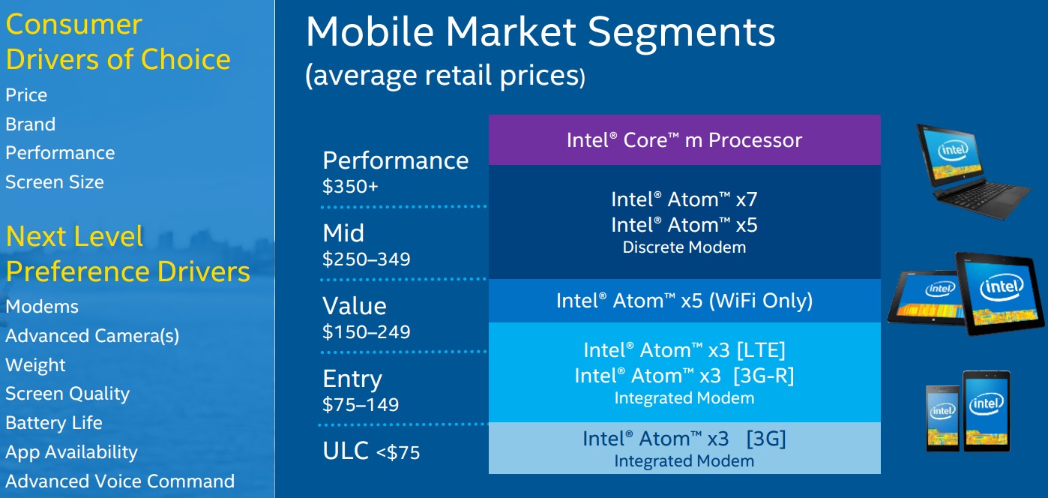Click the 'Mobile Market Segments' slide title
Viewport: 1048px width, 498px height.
pyautogui.click(x=540, y=31)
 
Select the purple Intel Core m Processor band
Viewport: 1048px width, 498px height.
pyautogui.click(x=684, y=140)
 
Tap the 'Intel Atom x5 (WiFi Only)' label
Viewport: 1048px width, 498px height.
pyautogui.click(x=684, y=301)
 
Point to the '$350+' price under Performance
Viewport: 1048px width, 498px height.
pyautogui.click(x=350, y=186)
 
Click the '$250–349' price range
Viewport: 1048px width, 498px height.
pyautogui.click(x=367, y=259)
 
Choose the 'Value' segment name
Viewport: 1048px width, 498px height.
pyautogui.click(x=355, y=306)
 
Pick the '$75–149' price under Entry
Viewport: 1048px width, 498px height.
pyautogui.click(x=361, y=404)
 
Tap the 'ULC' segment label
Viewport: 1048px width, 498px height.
pyautogui.click(x=346, y=451)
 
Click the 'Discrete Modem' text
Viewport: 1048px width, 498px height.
pyautogui.click(x=684, y=247)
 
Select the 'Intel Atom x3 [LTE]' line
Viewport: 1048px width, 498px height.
pyautogui.click(x=684, y=350)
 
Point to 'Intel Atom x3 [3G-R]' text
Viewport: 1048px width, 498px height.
pyautogui.click(x=684, y=375)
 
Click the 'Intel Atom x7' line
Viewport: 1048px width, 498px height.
pyautogui.click(x=684, y=199)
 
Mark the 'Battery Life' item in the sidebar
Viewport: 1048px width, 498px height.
pyautogui.click(x=54, y=424)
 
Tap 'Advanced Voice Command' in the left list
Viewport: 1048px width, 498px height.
pyautogui.click(x=120, y=481)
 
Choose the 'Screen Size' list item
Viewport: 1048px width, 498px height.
pyautogui.click(x=55, y=182)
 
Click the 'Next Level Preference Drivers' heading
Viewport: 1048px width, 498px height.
pyautogui.click(x=127, y=253)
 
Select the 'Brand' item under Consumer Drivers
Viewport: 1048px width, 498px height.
pyautogui.click(x=31, y=124)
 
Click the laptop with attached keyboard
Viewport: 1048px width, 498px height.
pyautogui.click(x=973, y=171)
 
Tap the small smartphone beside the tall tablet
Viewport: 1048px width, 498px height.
pyautogui.click(x=942, y=418)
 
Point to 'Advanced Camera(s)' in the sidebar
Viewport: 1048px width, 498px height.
pyautogui.click(x=92, y=336)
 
